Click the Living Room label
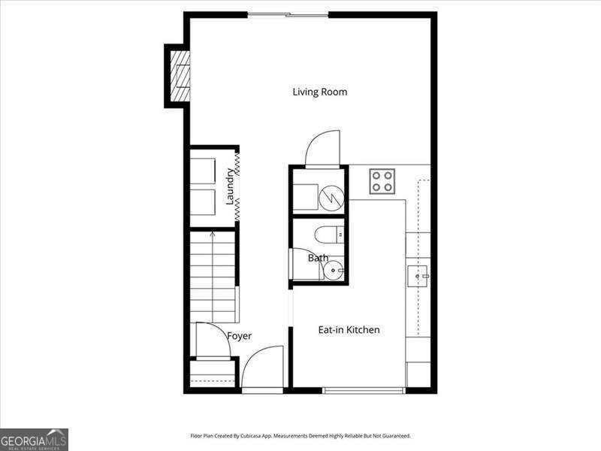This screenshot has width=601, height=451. point(320,92)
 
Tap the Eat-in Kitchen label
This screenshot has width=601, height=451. point(349,330)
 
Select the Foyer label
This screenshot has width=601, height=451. point(239,336)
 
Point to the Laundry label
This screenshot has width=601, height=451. point(230,186)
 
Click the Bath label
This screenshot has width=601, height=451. point(318,258)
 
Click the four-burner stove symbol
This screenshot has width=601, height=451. point(382,181)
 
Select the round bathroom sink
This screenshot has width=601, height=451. point(333,271)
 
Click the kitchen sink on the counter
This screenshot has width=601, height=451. point(418,276)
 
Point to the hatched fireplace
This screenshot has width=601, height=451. point(180,77)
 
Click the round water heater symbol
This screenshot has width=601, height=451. point(331,198)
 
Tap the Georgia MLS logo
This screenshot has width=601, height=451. point(34,440)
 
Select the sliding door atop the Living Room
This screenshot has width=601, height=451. point(288,15)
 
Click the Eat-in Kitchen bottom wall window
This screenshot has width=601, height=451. point(364,390)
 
